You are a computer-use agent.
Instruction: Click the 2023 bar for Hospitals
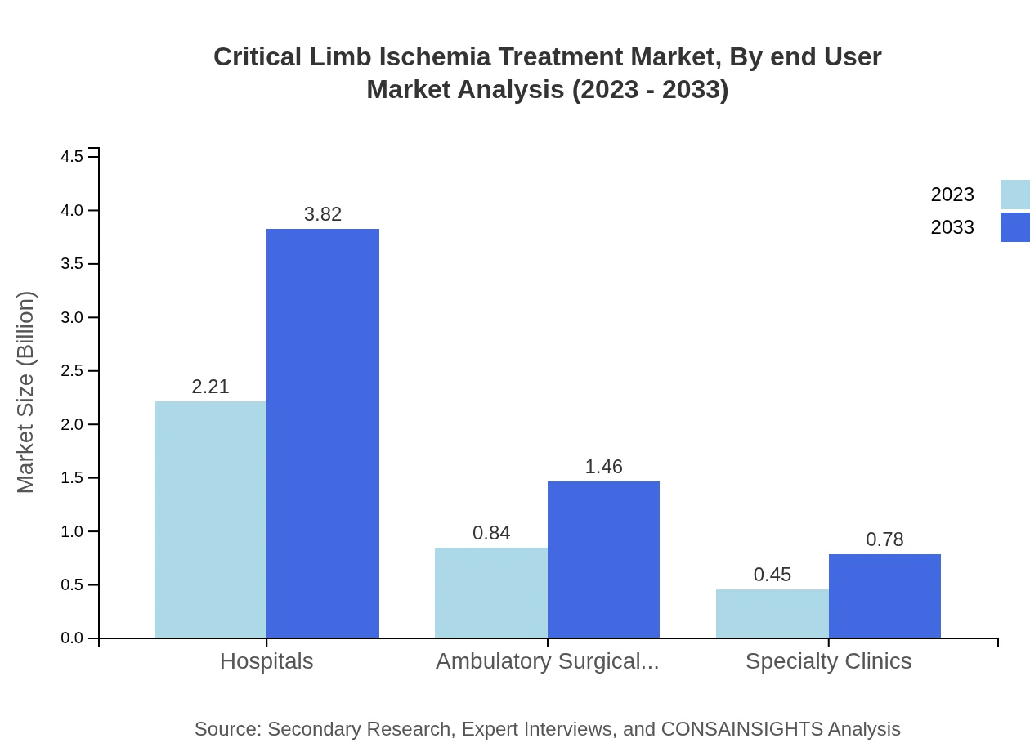(210, 519)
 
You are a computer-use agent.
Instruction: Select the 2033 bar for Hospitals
(323, 433)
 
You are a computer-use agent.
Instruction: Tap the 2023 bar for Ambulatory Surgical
(490, 593)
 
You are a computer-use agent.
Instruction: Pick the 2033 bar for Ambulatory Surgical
(603, 560)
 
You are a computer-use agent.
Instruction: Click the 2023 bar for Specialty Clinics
(772, 613)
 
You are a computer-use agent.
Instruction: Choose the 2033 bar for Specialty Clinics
(884, 596)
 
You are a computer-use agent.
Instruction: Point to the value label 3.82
(323, 214)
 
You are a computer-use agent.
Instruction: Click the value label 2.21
(210, 387)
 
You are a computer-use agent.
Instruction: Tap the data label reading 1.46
(603, 467)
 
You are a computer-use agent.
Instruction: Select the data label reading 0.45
(772, 575)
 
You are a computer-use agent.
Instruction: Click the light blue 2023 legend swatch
(1014, 195)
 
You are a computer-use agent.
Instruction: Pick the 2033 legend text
(952, 227)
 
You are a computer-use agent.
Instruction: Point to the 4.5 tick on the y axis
(73, 157)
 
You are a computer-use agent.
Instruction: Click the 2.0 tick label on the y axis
(73, 424)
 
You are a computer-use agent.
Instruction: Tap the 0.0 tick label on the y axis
(73, 638)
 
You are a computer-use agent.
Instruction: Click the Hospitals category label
(266, 661)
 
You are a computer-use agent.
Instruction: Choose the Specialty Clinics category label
(828, 661)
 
